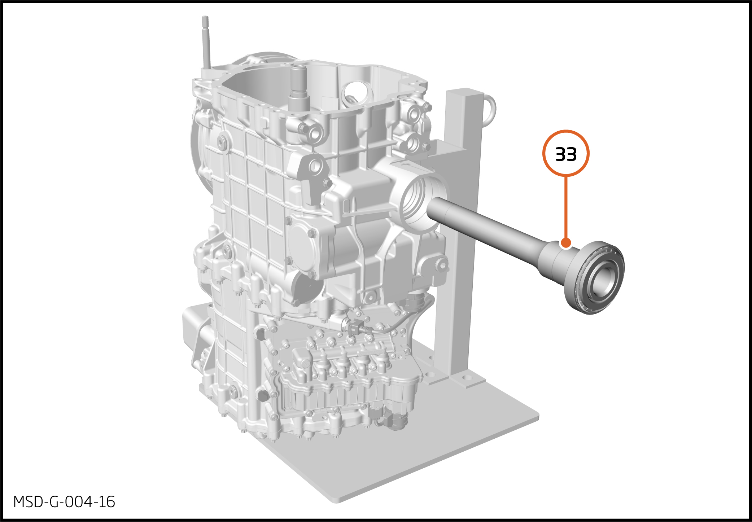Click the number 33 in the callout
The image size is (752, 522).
pos(566,154)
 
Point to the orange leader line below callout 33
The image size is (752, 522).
pos(566,207)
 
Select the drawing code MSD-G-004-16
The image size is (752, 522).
pos(64,502)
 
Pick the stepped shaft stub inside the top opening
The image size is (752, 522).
pos(299,88)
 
